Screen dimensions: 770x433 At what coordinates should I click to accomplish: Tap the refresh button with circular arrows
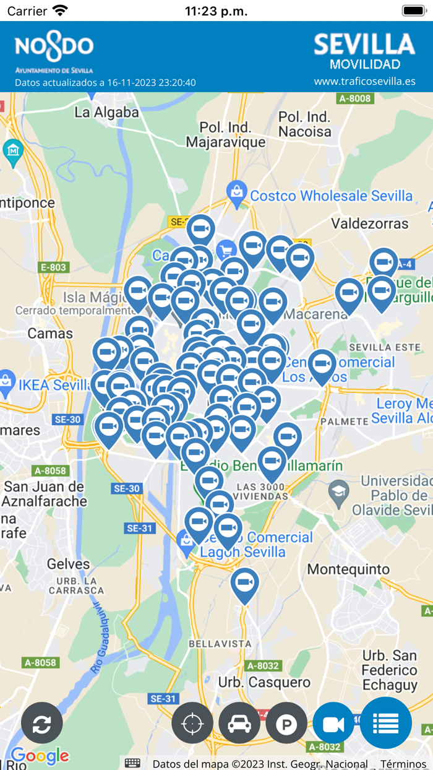[42, 723]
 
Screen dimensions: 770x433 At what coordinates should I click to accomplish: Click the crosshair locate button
[192, 723]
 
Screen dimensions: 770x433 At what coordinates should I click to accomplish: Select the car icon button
[239, 723]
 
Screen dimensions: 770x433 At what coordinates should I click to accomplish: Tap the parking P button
[286, 723]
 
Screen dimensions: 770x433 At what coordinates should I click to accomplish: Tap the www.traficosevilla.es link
[364, 81]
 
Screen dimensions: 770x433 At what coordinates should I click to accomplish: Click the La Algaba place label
[106, 113]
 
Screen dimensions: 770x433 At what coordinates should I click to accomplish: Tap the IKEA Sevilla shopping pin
[6, 384]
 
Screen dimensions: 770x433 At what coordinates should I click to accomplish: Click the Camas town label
[50, 334]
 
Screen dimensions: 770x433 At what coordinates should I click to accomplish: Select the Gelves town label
[68, 564]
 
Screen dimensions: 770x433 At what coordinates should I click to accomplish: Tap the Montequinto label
[349, 569]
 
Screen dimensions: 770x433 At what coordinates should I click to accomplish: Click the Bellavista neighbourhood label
[220, 644]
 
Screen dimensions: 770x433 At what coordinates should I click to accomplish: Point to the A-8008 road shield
[355, 98]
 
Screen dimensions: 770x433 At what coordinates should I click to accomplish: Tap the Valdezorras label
[369, 223]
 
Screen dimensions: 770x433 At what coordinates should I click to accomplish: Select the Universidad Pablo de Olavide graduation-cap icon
[338, 493]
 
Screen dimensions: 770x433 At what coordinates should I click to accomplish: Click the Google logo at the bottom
[40, 756]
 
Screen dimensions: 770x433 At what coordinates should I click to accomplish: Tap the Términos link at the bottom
[403, 764]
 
